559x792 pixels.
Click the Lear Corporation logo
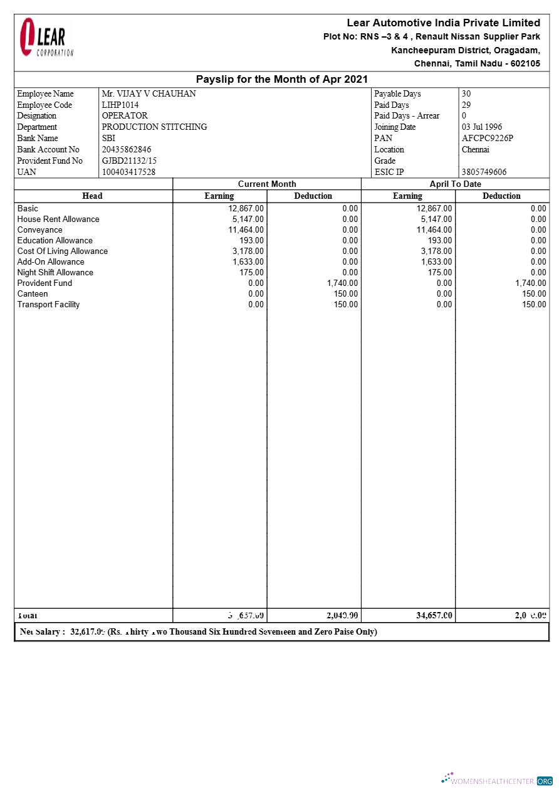[46, 38]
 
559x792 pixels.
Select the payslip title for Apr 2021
[281, 80]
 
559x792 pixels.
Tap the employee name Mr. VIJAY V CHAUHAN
[149, 94]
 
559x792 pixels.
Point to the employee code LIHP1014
[120, 105]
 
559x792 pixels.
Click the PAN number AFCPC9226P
[487, 139]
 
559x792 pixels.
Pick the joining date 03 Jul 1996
[481, 127]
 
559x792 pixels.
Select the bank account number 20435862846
[127, 150]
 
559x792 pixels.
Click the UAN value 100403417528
[128, 172]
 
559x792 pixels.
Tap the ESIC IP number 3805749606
[484, 172]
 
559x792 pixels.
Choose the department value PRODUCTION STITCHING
[154, 127]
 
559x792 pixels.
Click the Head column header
[92, 196]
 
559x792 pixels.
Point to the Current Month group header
[267, 184]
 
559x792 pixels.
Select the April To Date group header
[455, 184]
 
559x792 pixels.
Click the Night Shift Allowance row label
[55, 273]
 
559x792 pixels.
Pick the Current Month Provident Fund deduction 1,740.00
[342, 283]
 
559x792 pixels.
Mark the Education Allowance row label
[55, 241]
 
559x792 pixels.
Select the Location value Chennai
[475, 150]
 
